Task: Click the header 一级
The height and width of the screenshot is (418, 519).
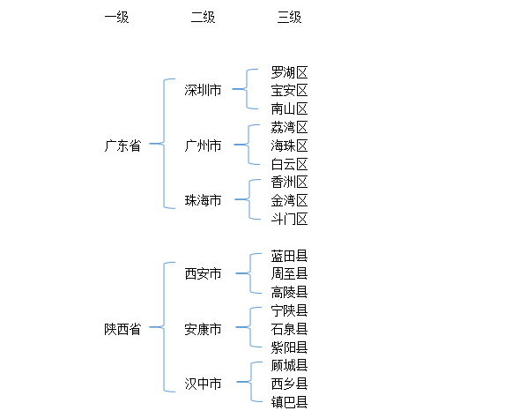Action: (116, 18)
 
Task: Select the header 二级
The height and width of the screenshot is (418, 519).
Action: (203, 18)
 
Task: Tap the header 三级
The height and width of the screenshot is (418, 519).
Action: (289, 18)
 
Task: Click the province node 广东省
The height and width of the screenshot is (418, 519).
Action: (122, 146)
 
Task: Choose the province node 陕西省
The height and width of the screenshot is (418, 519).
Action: (122, 329)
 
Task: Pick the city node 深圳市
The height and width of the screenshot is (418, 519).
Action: (203, 90)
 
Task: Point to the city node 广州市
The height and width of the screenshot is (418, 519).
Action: (203, 146)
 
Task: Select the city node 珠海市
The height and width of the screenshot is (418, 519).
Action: (203, 201)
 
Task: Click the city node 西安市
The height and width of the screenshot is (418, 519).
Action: (203, 274)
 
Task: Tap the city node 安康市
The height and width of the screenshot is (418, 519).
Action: (203, 329)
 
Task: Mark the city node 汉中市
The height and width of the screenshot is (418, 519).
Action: (203, 384)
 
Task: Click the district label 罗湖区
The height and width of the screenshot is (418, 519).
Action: (289, 72)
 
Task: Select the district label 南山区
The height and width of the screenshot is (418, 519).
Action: (289, 108)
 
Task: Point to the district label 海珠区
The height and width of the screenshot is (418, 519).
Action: (289, 146)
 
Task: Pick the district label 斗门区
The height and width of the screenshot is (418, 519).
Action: (289, 219)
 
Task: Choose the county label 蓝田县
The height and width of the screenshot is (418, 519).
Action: (289, 256)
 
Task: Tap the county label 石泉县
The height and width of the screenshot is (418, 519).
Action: (289, 329)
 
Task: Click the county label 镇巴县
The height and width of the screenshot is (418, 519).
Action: (289, 402)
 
